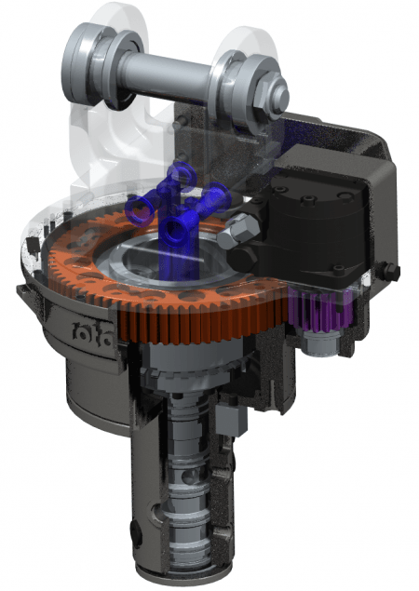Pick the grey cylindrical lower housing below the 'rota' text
(x=88, y=391)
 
